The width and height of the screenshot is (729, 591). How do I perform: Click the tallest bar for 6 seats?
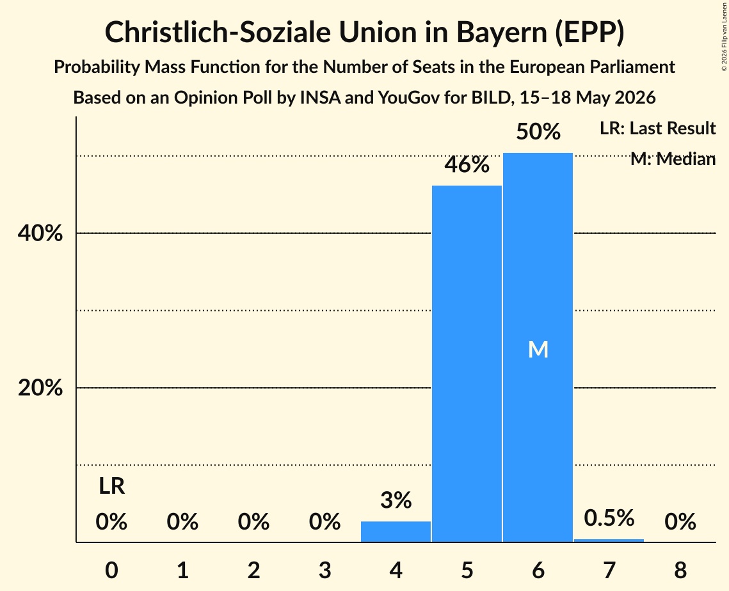point(538,347)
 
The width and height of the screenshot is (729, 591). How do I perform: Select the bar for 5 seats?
point(467,364)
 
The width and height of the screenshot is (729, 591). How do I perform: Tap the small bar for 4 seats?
point(396,532)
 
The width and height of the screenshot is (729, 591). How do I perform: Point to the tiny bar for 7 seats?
point(609,540)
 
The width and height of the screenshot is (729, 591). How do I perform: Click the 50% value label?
point(538,132)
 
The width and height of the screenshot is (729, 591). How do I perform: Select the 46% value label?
point(467,164)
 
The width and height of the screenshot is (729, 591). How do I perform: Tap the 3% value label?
point(396,500)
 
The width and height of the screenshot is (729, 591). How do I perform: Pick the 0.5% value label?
point(609,517)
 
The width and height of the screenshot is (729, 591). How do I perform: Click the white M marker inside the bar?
point(538,349)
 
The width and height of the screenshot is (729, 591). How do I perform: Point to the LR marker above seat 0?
point(111,487)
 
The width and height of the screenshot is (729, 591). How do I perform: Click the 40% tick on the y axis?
point(40,233)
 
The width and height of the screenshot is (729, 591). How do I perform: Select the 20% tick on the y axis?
point(40,388)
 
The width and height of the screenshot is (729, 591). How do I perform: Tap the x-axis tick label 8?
point(680,570)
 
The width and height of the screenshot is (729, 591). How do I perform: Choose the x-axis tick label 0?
point(111,570)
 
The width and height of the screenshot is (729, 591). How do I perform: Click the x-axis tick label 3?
point(324,570)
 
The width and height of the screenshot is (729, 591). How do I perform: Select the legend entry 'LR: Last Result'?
point(657,128)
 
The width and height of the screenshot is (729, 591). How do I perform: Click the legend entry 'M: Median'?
point(673,159)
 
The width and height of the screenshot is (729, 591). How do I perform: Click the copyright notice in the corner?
point(724,36)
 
